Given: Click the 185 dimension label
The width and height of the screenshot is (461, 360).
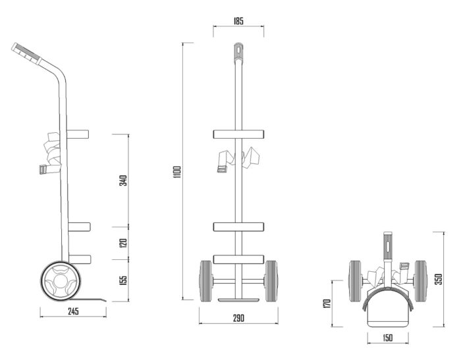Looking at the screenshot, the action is click(238, 21).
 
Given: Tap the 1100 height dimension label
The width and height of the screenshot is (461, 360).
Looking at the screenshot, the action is click(177, 172).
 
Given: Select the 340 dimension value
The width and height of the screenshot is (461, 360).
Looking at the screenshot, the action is click(123, 180).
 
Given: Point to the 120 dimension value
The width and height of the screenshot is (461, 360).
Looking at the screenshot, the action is click(123, 243).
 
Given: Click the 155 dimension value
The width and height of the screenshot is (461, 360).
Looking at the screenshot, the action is click(124, 280).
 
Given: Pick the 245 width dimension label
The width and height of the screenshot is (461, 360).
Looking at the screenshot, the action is click(73, 311).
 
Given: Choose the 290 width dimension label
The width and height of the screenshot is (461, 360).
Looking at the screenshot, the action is click(238, 319).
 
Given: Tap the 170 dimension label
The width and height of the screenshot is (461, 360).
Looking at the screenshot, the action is click(327, 303).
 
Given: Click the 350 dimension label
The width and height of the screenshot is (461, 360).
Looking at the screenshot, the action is click(439, 279).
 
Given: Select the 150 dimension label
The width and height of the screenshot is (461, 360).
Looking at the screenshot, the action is click(387, 338).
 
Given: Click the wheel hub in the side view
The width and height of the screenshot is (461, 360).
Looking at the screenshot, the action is click(61, 280).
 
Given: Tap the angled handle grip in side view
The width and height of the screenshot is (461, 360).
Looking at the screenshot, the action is click(26, 53).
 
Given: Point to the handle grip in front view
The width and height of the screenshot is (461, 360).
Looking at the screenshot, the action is click(238, 53).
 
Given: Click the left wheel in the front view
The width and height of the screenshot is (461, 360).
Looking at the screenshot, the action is click(205, 281).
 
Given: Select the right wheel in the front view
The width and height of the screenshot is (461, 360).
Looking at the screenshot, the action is click(271, 281).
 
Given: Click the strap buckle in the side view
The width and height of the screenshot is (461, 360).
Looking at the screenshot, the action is click(43, 170).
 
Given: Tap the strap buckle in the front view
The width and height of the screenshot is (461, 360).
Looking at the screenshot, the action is click(222, 169).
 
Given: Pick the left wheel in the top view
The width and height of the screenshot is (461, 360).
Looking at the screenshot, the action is click(356, 281).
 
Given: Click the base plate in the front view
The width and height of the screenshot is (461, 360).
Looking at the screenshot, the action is click(238, 300).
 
